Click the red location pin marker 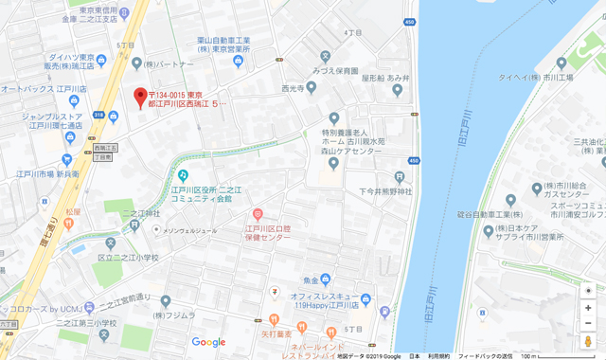140,96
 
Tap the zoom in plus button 588,309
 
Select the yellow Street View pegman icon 588,342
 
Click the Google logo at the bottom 208,342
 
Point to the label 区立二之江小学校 129,257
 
